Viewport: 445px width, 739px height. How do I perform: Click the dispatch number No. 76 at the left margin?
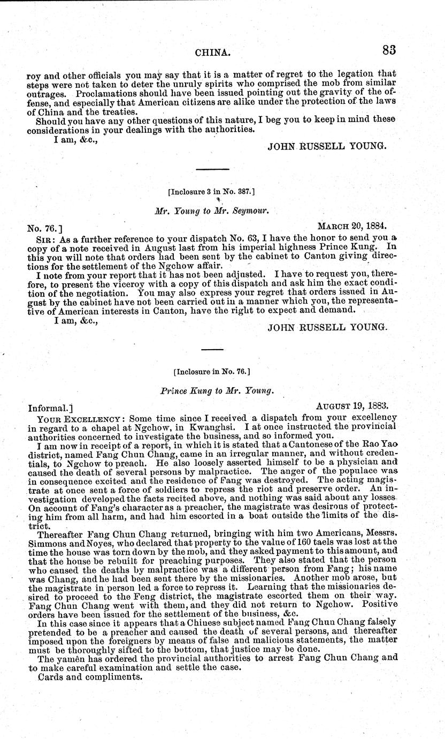click(x=43, y=228)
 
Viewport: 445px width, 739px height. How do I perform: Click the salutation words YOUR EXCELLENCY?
click(x=74, y=418)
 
